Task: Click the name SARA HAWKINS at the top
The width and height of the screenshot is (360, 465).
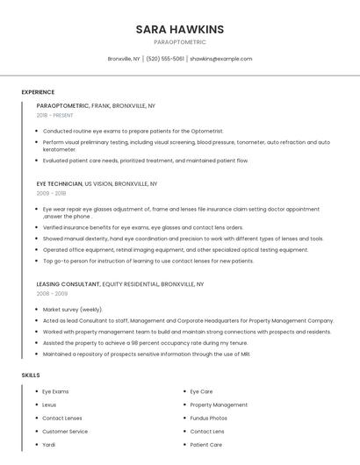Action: click(179, 29)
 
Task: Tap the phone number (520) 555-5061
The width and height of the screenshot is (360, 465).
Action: click(165, 59)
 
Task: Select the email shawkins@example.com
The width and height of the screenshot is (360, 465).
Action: click(221, 59)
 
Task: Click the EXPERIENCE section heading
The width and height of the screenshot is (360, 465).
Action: click(38, 92)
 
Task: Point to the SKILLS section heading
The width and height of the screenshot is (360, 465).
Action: click(31, 375)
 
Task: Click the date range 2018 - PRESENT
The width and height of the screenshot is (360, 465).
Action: click(55, 115)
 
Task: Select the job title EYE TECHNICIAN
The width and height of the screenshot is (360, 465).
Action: click(59, 184)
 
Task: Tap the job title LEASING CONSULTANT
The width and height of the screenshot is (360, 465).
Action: click(68, 284)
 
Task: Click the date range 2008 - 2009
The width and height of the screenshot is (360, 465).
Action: click(52, 294)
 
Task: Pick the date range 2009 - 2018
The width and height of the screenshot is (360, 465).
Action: click(51, 193)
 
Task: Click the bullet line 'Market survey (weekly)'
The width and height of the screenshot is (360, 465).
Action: click(73, 310)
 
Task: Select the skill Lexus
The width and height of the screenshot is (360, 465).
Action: click(49, 404)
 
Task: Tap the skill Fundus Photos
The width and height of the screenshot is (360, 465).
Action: click(210, 418)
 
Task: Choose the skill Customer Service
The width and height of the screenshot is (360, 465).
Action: click(65, 432)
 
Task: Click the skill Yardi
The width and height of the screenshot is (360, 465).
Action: click(48, 445)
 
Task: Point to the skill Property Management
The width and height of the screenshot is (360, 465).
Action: click(219, 404)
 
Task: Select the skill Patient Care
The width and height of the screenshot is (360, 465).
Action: click(205, 445)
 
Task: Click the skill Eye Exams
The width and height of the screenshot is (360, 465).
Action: click(55, 391)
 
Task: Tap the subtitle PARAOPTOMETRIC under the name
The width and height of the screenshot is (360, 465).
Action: click(179, 42)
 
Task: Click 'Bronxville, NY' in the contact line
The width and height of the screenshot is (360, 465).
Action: click(124, 59)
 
